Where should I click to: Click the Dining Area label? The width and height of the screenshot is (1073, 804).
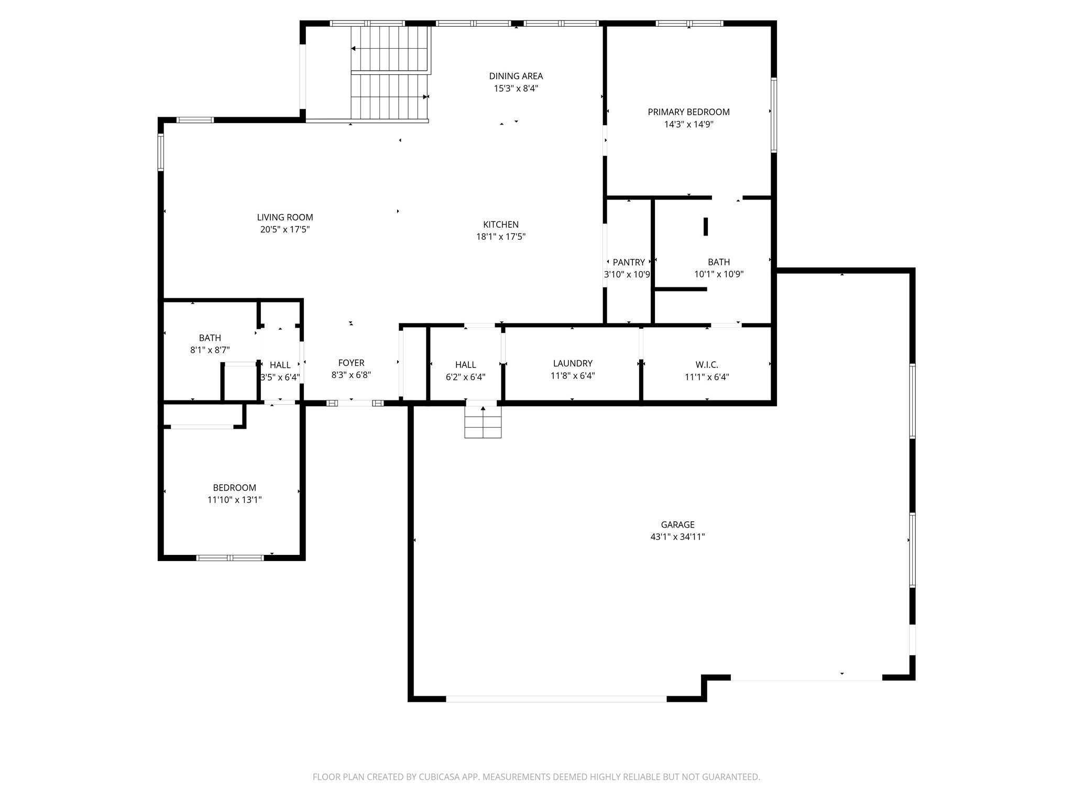pyautogui.click(x=516, y=76)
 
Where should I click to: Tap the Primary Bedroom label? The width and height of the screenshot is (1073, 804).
pyautogui.click(x=688, y=112)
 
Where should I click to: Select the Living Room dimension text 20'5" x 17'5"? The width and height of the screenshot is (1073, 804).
pyautogui.click(x=285, y=229)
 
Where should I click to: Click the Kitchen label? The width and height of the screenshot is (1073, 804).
pyautogui.click(x=501, y=225)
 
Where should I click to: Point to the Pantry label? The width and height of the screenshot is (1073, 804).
pyautogui.click(x=629, y=262)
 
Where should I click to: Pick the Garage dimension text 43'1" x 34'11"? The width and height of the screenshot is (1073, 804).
pyautogui.click(x=677, y=537)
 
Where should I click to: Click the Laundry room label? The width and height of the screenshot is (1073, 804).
pyautogui.click(x=573, y=363)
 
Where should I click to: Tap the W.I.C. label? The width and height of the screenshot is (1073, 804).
pyautogui.click(x=707, y=364)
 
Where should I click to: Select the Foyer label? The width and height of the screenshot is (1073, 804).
pyautogui.click(x=351, y=363)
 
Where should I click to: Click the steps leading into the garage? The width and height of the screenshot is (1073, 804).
pyautogui.click(x=483, y=422)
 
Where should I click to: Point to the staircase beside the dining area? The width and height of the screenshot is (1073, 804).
pyautogui.click(x=390, y=73)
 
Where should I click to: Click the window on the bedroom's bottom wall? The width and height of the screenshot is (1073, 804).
pyautogui.click(x=230, y=558)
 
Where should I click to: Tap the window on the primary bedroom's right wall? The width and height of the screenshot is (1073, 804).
pyautogui.click(x=773, y=115)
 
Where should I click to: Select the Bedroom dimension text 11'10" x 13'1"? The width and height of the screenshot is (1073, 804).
pyautogui.click(x=234, y=500)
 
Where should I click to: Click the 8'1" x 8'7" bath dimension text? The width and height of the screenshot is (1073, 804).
pyautogui.click(x=210, y=350)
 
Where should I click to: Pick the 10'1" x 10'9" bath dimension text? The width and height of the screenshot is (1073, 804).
pyautogui.click(x=719, y=274)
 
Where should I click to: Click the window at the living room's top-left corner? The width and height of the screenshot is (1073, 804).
pyautogui.click(x=195, y=120)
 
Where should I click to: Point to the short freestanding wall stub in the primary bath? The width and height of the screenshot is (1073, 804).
pyautogui.click(x=705, y=227)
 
